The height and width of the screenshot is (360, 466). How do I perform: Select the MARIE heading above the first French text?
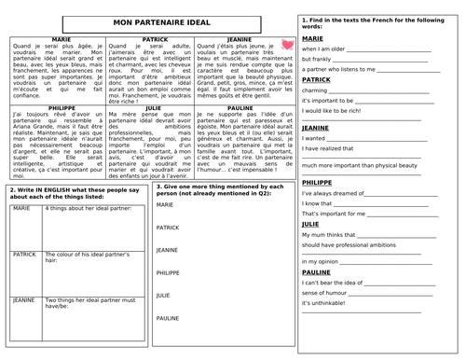pyautogui.click(x=47, y=40)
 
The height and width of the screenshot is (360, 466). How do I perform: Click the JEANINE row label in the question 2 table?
pyautogui.click(x=25, y=301)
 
